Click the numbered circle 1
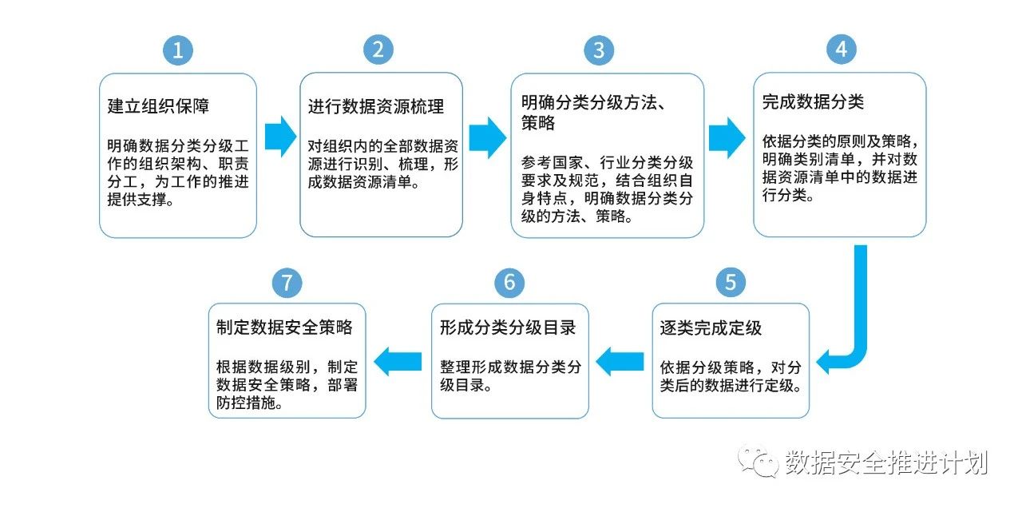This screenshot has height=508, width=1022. tap(178, 50)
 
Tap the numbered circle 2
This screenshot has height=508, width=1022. tap(378, 50)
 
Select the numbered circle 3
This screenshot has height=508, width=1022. tap(599, 50)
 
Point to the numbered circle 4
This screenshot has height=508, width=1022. tap(842, 50)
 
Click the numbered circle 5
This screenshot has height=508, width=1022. tap(731, 283)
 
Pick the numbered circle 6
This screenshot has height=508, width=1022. tap(509, 283)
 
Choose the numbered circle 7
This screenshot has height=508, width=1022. tap(287, 283)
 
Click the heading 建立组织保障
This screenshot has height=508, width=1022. tap(158, 106)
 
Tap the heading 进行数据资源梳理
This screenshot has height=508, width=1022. tap(376, 106)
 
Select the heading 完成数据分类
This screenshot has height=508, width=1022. tap(813, 101)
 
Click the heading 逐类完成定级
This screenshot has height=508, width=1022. tap(711, 327)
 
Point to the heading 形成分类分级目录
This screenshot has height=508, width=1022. tap(508, 327)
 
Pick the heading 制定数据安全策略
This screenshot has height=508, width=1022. tap(284, 327)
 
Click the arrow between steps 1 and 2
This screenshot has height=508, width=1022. tap(280, 137)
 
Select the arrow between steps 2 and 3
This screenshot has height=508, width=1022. tap(487, 137)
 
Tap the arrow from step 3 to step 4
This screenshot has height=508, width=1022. tap(727, 138)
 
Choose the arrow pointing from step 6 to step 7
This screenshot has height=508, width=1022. tap(398, 362)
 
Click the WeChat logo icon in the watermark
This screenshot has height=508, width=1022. tap(758, 461)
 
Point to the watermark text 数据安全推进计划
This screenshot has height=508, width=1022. tap(886, 462)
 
